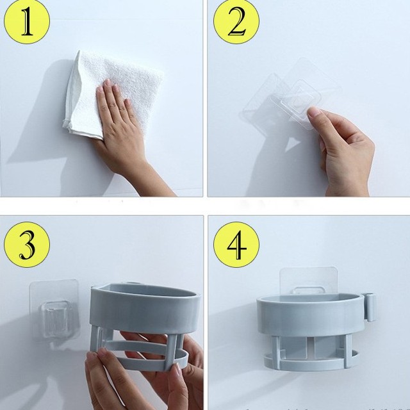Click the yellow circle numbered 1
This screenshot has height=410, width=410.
click(x=27, y=21)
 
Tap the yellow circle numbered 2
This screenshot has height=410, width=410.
click(x=236, y=21)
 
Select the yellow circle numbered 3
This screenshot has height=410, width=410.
click(x=27, y=245)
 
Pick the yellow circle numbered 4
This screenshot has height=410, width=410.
click(x=236, y=245)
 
